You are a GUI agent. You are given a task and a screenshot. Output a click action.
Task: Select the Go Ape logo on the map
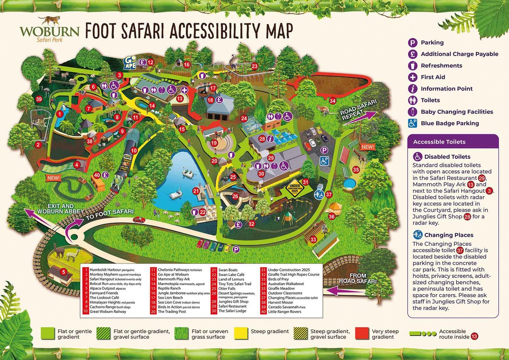point(130,63)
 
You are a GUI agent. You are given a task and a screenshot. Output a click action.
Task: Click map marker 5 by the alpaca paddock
point(64,272)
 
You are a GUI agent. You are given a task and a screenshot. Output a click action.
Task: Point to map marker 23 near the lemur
point(255,66)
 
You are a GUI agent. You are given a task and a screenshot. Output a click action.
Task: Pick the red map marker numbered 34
point(333,101)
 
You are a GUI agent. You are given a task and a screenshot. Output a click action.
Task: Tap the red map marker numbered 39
point(39,99)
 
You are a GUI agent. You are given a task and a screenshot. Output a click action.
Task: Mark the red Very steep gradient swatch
point(362,334)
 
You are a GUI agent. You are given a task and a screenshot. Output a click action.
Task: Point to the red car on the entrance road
point(139,219)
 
